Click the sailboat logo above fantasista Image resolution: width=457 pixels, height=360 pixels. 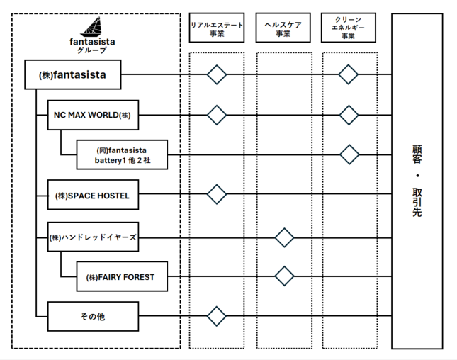(x=92, y=27)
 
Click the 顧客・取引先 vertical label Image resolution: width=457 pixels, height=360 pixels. (x=417, y=181)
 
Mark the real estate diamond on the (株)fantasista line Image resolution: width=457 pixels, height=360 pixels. (x=217, y=74)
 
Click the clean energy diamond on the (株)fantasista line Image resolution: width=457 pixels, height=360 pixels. (x=349, y=74)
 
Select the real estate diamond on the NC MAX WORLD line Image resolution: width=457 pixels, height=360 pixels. (x=217, y=115)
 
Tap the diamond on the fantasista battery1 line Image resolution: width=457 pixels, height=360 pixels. (x=349, y=154)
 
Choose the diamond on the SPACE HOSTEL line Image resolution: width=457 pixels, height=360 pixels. (x=217, y=194)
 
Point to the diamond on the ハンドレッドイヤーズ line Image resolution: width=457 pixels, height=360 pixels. (x=284, y=238)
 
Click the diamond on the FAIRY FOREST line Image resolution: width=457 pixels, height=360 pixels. (x=284, y=276)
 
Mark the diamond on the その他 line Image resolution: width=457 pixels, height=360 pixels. (x=217, y=316)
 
